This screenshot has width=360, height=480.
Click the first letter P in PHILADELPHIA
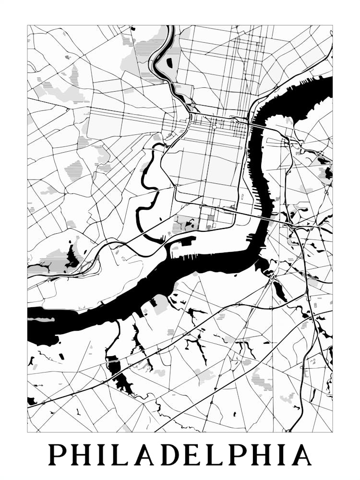(57, 455)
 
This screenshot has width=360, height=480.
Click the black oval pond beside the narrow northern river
(169, 62)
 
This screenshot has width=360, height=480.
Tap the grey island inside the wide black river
(43, 319)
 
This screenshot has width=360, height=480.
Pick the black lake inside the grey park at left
(72, 257)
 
